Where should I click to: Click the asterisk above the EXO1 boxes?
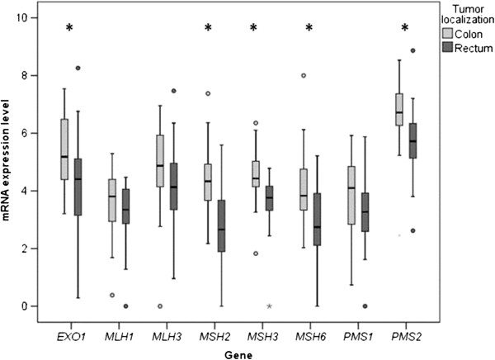[x=70, y=29]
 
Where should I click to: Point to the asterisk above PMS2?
[x=405, y=29]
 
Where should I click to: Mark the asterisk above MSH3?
[x=254, y=29]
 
